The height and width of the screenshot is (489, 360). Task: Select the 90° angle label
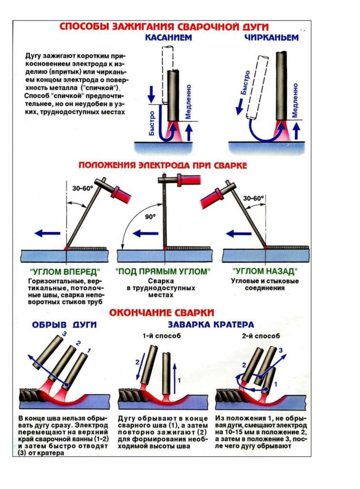click(x=150, y=216)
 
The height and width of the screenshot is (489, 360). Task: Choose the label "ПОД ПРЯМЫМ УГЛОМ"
click(x=163, y=271)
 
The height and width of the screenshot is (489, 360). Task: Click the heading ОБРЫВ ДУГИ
click(x=64, y=325)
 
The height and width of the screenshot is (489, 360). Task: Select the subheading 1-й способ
click(x=161, y=336)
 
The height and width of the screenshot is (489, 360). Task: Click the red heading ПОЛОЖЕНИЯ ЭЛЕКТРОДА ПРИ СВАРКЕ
click(x=163, y=165)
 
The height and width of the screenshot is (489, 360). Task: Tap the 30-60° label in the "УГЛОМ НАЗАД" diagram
click(x=253, y=198)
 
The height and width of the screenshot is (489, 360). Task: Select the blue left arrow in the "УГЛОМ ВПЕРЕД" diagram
click(x=48, y=233)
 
